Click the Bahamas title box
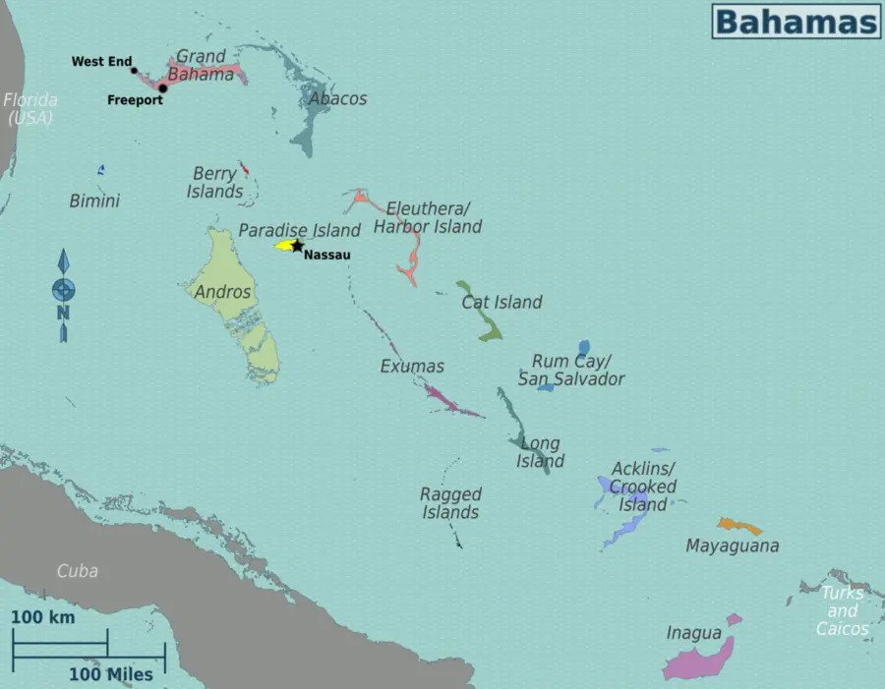click(x=796, y=21)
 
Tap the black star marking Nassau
click(x=297, y=246)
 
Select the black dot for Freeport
click(x=163, y=87)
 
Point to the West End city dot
click(x=135, y=70)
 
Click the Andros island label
click(x=222, y=292)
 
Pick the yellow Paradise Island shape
click(x=284, y=245)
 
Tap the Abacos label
click(x=337, y=98)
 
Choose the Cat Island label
click(x=501, y=302)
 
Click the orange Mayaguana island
click(x=739, y=526)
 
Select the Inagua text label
click(x=693, y=633)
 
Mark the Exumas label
click(x=412, y=366)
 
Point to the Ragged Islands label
click(x=450, y=503)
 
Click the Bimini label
click(x=94, y=201)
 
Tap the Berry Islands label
click(x=214, y=183)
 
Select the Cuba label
click(x=77, y=570)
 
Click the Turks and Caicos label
click(x=843, y=610)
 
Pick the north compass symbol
click(x=63, y=292)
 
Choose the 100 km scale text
click(x=43, y=617)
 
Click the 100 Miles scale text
click(x=110, y=674)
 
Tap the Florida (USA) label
click(x=29, y=108)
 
